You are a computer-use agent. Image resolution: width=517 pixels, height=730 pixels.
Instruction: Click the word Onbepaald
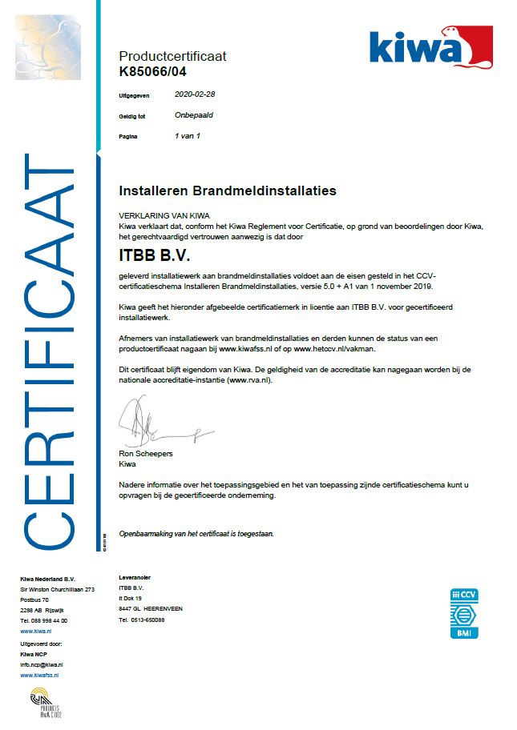click(194, 115)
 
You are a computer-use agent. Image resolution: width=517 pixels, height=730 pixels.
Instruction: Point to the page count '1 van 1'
click(187, 136)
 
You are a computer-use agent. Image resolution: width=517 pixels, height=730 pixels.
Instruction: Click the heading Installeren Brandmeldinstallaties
click(227, 191)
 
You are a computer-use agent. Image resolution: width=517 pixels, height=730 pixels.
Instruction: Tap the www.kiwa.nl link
click(37, 632)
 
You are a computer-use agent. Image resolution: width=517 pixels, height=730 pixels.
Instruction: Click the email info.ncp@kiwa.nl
click(42, 664)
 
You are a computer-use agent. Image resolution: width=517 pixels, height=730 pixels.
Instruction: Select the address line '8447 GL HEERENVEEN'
click(150, 608)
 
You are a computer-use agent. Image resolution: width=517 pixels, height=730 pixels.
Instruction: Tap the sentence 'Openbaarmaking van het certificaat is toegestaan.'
click(196, 533)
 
